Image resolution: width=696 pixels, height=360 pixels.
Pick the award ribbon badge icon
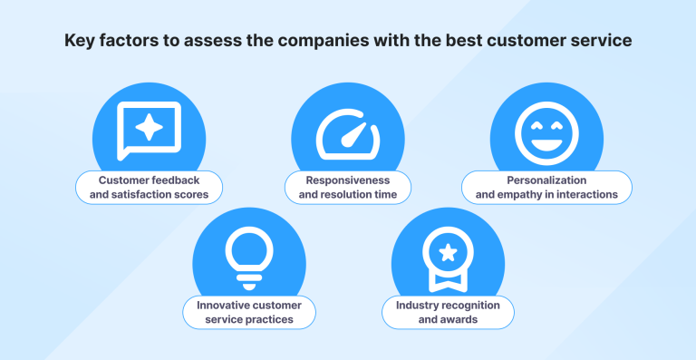448,258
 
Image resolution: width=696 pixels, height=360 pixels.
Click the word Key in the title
78,42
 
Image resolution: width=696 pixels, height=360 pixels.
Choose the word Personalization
546,180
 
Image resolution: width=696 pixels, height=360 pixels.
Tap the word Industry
416,306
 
